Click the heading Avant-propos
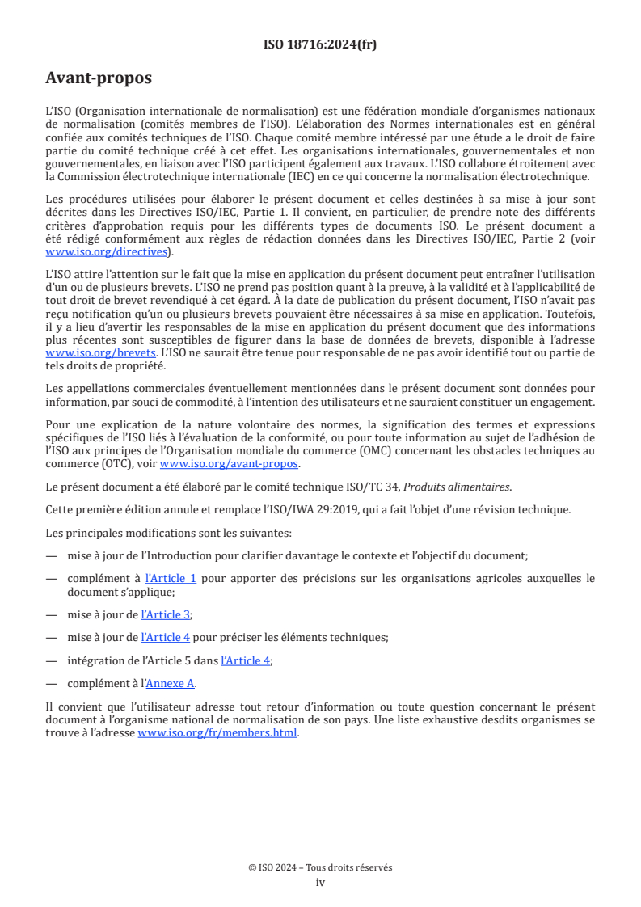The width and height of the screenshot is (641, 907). [98, 78]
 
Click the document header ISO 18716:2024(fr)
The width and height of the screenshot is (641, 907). [320, 44]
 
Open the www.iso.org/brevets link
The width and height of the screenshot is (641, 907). [91, 353]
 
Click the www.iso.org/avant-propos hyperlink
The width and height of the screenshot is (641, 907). [230, 464]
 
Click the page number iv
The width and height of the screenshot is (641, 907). [320, 882]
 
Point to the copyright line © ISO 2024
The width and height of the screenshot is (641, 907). [320, 867]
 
